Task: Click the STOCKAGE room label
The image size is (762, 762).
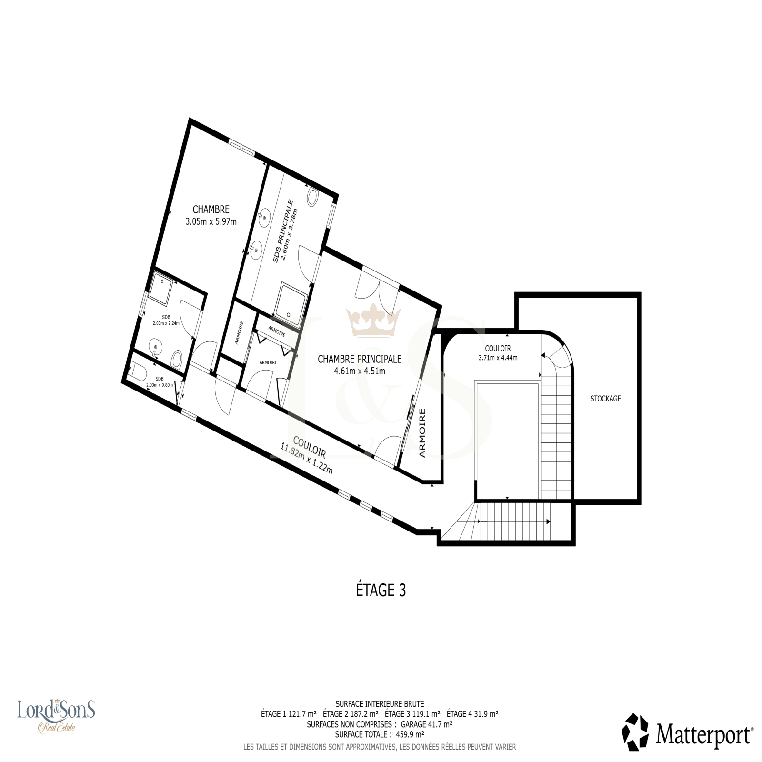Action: [x=605, y=399]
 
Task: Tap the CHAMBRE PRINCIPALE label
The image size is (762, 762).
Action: [x=360, y=359]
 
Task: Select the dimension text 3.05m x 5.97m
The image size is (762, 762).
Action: [x=211, y=221]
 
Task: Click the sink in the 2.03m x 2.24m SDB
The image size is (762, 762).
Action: [x=155, y=347]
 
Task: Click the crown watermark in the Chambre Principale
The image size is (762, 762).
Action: [x=373, y=321]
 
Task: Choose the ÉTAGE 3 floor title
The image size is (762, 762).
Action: [x=381, y=591]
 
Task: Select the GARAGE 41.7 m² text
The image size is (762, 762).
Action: [x=426, y=724]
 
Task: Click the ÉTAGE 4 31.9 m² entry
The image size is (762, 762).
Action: [x=472, y=714]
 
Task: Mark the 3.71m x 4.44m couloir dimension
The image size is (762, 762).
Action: [x=498, y=358]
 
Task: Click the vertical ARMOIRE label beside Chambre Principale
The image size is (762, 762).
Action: [x=422, y=433]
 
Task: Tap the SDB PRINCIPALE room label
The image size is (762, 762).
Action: [x=283, y=231]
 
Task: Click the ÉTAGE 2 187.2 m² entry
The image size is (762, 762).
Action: [x=351, y=714]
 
